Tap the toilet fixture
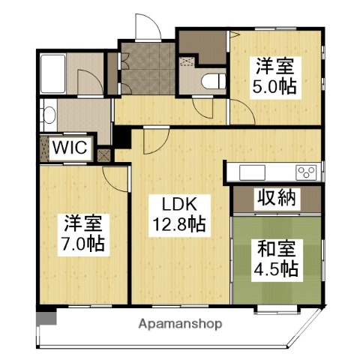coord(214,79)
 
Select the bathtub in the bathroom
coord(57,75)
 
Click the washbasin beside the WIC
coord(48,115)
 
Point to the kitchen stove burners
coord(306,172)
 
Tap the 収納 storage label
coord(276,199)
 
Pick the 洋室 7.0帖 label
coord(82,233)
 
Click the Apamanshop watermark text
coord(180,325)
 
